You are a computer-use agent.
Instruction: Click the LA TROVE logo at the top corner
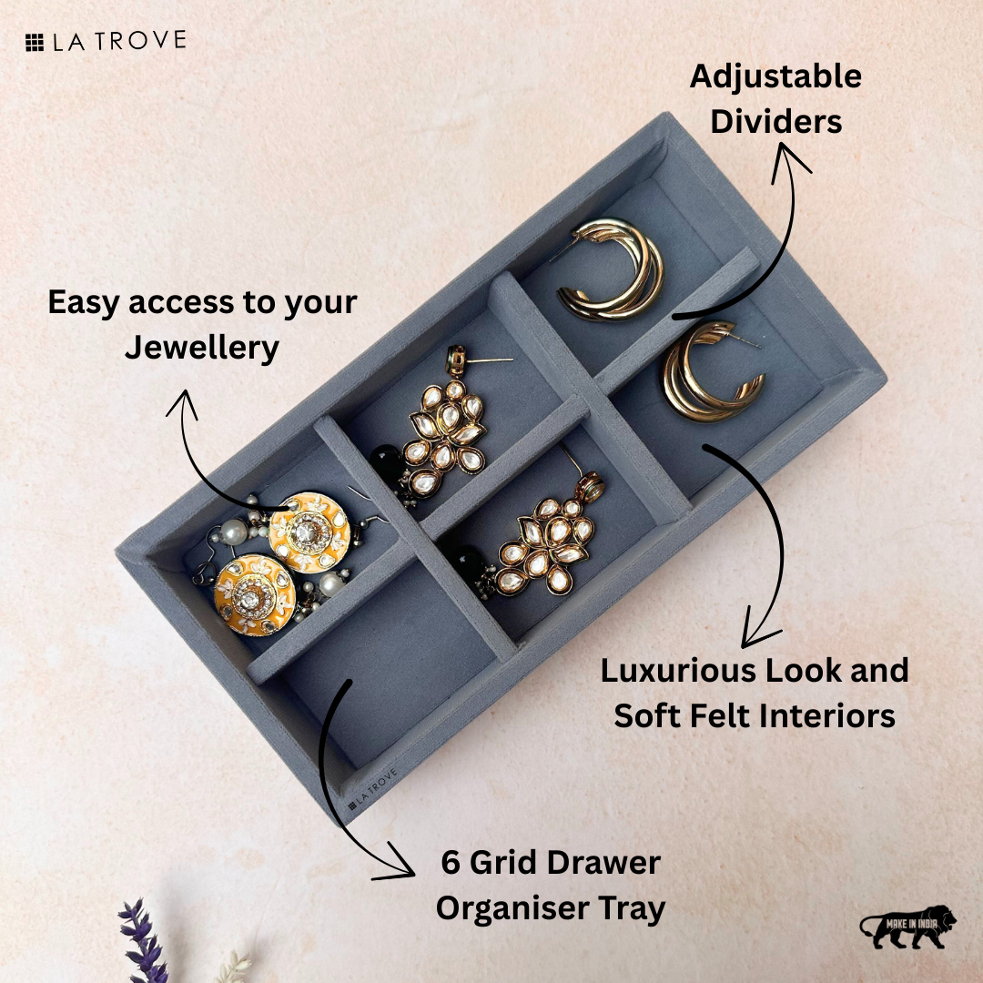tap(106, 41)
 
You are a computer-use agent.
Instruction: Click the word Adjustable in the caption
tap(775, 76)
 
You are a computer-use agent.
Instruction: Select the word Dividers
tap(776, 122)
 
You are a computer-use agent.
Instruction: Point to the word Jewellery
tap(201, 348)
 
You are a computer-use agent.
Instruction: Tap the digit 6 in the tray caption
tap(451, 863)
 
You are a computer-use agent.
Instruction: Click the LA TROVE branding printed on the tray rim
tap(373, 787)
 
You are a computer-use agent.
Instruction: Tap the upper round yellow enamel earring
tap(309, 533)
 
